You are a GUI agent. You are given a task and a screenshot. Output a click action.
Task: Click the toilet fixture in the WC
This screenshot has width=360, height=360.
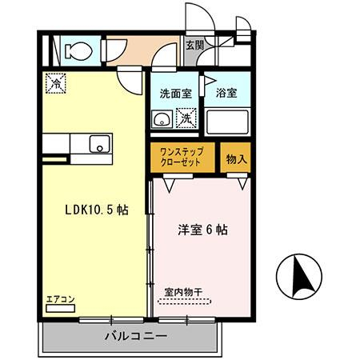click(77, 50)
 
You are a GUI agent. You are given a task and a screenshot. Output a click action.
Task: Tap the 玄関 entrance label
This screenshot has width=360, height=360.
click(194, 46)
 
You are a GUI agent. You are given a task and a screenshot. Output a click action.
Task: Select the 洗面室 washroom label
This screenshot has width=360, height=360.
click(174, 93)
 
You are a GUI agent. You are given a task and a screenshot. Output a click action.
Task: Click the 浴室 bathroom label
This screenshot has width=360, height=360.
click(226, 93)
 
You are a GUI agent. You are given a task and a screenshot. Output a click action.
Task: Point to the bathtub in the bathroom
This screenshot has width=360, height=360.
click(227, 121)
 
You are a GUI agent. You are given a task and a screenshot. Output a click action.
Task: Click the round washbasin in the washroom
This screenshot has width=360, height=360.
click(161, 121)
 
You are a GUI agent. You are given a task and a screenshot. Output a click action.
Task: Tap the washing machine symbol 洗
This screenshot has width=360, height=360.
click(184, 119)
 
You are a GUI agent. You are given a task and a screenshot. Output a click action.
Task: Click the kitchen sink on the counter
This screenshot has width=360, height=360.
click(101, 144)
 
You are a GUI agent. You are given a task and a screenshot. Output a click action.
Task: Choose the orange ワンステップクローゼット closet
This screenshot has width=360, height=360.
click(183, 157)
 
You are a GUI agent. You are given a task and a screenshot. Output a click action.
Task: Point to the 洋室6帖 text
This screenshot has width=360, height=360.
click(202, 230)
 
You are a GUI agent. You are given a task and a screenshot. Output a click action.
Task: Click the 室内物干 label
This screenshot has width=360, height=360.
click(183, 291)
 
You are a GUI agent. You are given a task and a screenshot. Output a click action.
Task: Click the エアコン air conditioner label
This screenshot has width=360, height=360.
click(60, 298)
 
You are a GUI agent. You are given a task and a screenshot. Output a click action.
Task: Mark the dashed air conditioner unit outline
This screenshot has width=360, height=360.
click(60, 308)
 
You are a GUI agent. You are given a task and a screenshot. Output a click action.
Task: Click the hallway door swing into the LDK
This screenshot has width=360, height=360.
click(128, 78)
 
